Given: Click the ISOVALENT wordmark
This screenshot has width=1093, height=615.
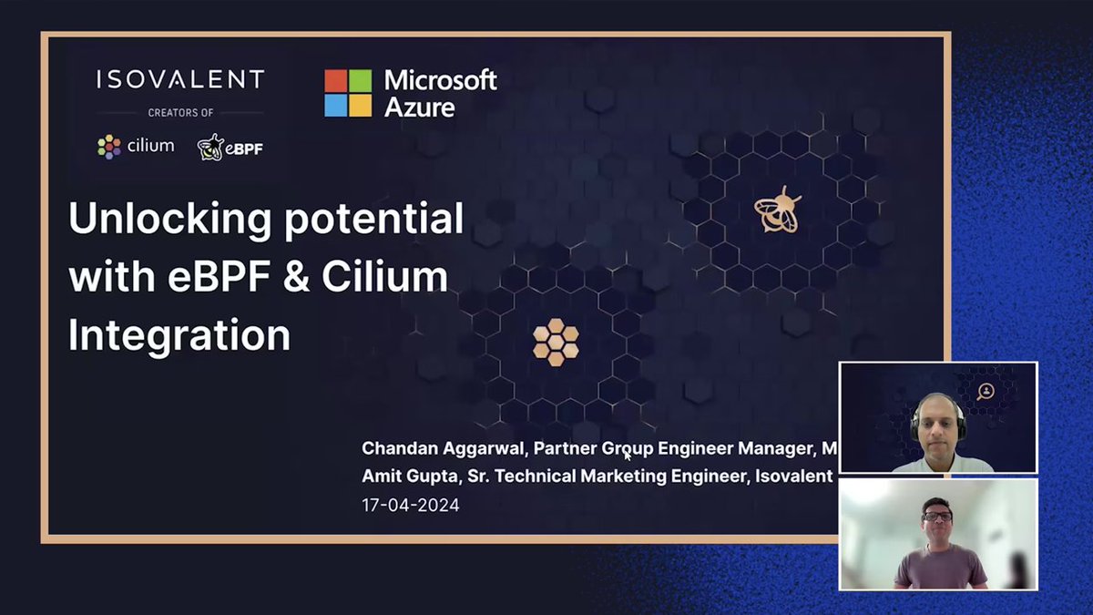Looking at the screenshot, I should [180, 80].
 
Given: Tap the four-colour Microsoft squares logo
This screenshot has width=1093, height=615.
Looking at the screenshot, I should [348, 93].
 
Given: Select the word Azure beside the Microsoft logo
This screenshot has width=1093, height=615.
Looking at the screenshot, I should [420, 107].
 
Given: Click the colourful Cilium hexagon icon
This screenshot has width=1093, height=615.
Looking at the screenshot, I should [109, 146].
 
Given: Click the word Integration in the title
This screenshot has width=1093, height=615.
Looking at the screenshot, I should [179, 334].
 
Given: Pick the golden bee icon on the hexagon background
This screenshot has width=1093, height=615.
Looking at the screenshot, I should [777, 210].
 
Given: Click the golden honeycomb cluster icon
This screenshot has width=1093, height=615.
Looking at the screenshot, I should [556, 343].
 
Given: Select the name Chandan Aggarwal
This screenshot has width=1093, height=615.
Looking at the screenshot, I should [443, 448].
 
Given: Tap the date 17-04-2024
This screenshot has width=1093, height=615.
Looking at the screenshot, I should [411, 505].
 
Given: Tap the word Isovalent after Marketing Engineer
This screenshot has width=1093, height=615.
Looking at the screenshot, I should [794, 477].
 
